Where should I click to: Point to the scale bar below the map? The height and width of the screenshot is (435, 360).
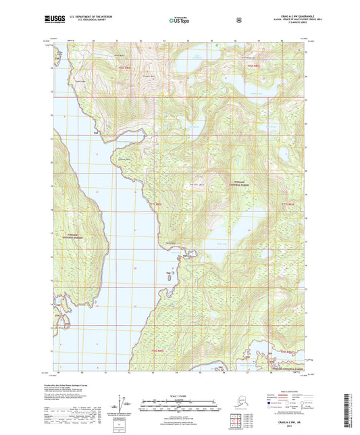click(180, 407)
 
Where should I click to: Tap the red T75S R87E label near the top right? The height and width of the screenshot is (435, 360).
click(253, 65)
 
